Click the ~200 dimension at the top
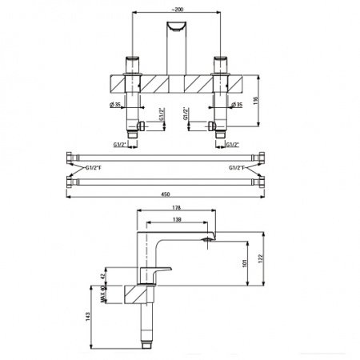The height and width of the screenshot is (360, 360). [177, 6]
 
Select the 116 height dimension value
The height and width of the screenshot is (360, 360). [267, 101]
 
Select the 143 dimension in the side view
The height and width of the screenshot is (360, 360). [90, 317]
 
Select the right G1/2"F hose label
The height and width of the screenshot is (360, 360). [238, 170]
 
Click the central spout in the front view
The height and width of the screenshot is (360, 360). [176, 40]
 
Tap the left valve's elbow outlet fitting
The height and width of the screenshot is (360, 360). [141, 126]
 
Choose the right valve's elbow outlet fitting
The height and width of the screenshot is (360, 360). [211, 126]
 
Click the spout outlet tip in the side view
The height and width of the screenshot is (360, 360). [209, 238]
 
